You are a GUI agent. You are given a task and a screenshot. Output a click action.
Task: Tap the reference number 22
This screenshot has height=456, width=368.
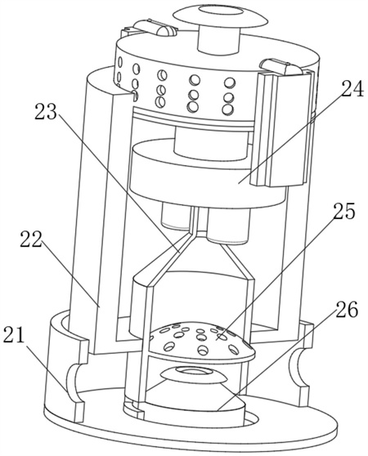point(31,240)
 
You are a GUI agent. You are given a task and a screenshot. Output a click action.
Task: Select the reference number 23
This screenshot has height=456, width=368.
point(45,113)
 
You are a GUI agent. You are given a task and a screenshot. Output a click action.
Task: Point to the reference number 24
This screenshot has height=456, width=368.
point(352,89)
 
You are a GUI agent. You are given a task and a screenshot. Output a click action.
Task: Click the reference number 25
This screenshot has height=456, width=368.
point(344,211)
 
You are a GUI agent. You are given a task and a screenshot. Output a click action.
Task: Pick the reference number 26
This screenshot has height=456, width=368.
point(347,310)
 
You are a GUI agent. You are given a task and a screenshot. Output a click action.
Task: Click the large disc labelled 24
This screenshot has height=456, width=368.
point(208,178)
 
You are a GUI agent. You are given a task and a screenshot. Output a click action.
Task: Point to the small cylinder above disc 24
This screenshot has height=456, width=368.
point(211,145)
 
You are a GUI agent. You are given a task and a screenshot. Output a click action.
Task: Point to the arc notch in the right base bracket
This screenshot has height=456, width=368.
point(297,366)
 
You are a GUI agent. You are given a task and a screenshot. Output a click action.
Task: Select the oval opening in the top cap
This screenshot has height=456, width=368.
point(220,11)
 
